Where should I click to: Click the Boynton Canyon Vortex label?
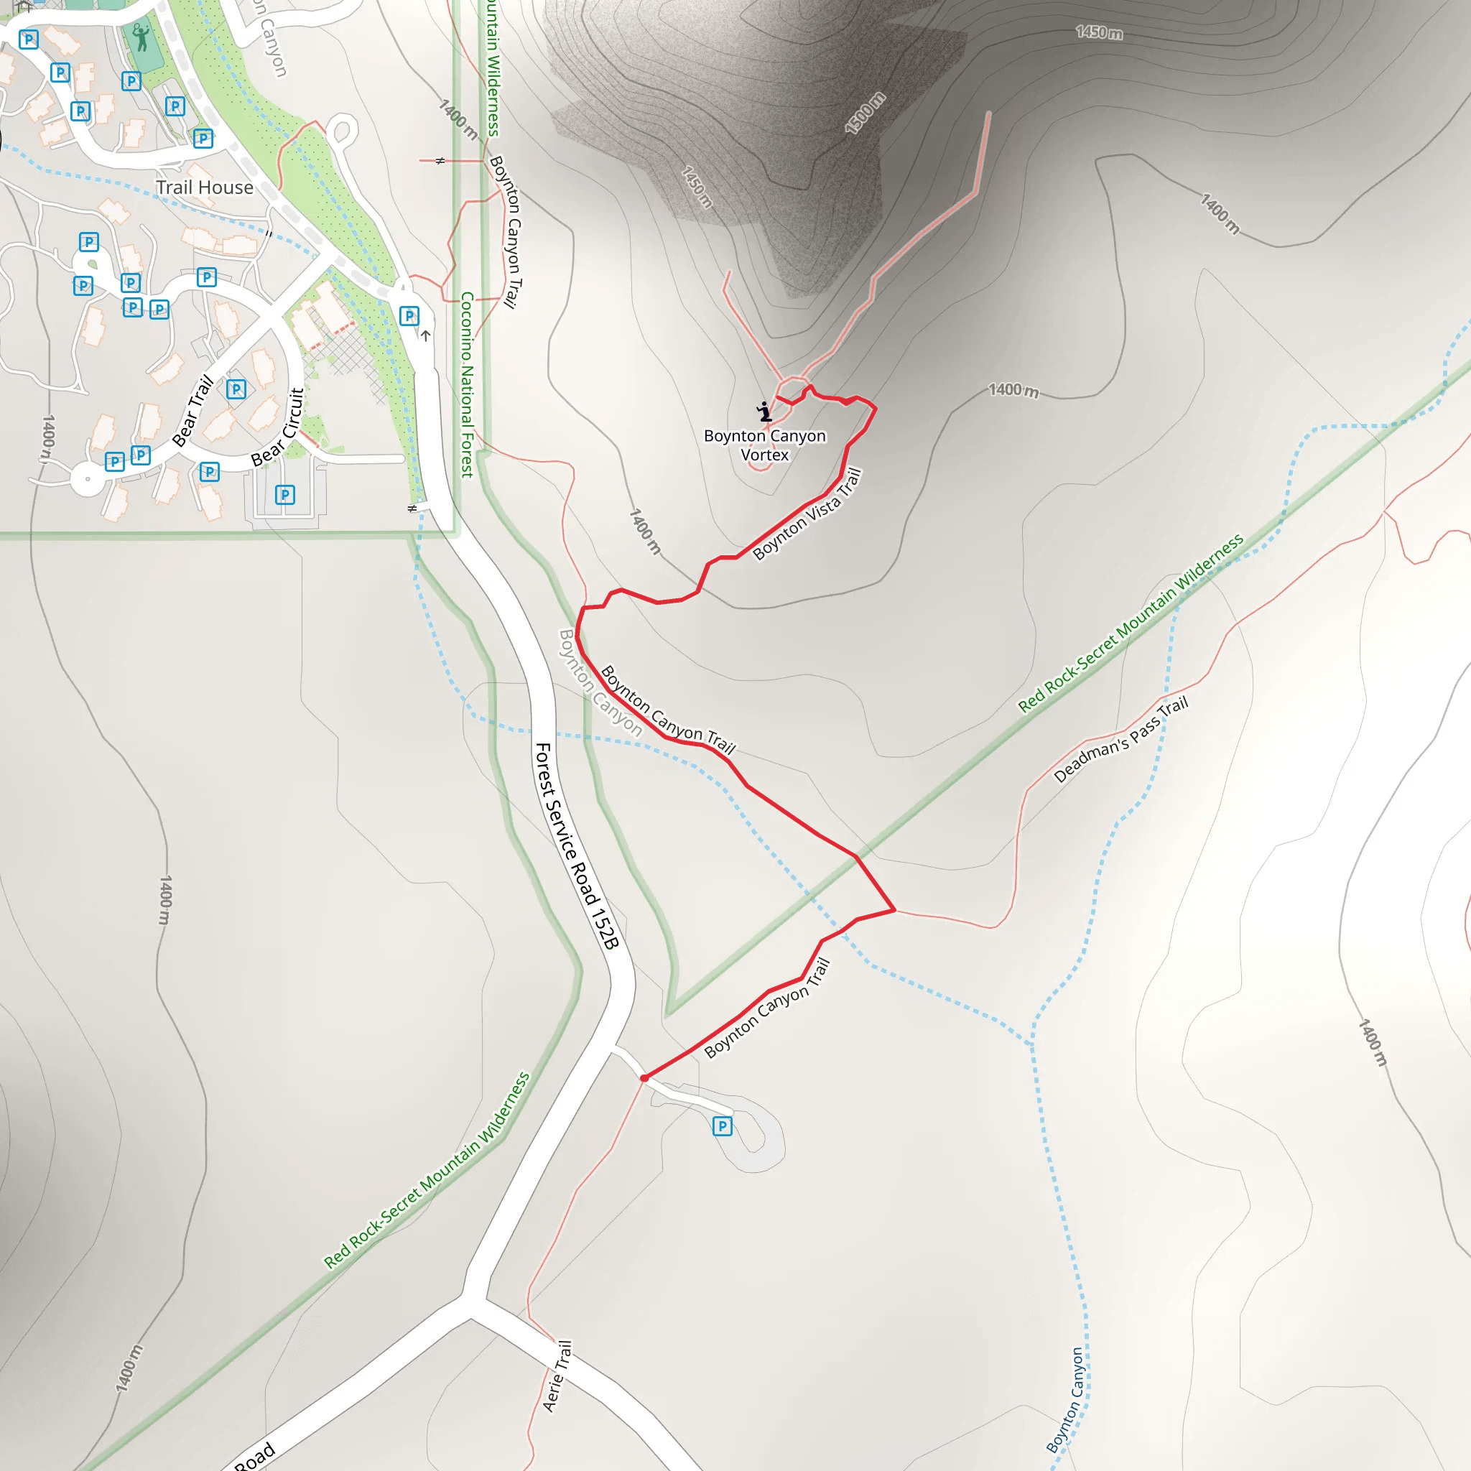pos(764,445)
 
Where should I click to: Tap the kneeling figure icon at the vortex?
pos(764,412)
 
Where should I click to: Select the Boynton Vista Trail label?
pos(807,514)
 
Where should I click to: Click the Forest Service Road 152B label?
pos(576,846)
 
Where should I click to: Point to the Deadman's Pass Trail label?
pos(1120,739)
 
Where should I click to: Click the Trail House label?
pos(204,187)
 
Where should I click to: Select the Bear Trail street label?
pos(192,410)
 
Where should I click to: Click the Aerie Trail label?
pos(557,1377)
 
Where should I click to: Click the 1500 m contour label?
pos(865,113)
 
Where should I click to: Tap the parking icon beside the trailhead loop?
pos(722,1126)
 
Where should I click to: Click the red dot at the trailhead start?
pos(644,1078)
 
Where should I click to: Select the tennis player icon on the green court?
pos(141,37)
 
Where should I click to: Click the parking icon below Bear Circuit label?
pos(284,496)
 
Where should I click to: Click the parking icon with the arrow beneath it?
pos(409,315)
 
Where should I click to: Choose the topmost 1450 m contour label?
pos(1099,32)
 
